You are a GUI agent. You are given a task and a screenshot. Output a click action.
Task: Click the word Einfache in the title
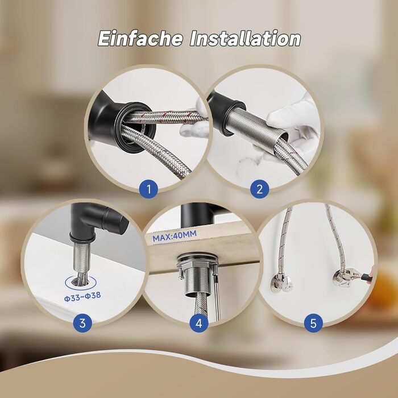coord(140,38)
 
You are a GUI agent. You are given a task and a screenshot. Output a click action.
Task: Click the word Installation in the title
coord(245,38)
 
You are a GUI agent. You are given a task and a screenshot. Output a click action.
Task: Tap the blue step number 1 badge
coord(148,189)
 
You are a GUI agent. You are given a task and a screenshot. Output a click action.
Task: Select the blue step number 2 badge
coord(259,189)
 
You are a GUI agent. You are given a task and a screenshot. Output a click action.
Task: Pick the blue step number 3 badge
coord(82,323)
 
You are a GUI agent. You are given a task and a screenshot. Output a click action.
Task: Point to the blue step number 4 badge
coord(199,323)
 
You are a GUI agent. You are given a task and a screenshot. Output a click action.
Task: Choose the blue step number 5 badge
coord(313,323)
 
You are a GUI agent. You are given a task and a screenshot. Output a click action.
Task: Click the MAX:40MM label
coord(175,236)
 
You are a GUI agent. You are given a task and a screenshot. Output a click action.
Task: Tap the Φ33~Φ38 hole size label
coord(82,296)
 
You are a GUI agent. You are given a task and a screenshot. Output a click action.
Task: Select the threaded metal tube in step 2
coord(256,122)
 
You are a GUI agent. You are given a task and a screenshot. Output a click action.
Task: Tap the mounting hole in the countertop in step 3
coord(81,282)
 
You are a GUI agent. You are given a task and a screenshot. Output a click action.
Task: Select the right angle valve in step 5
coord(341,278)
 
